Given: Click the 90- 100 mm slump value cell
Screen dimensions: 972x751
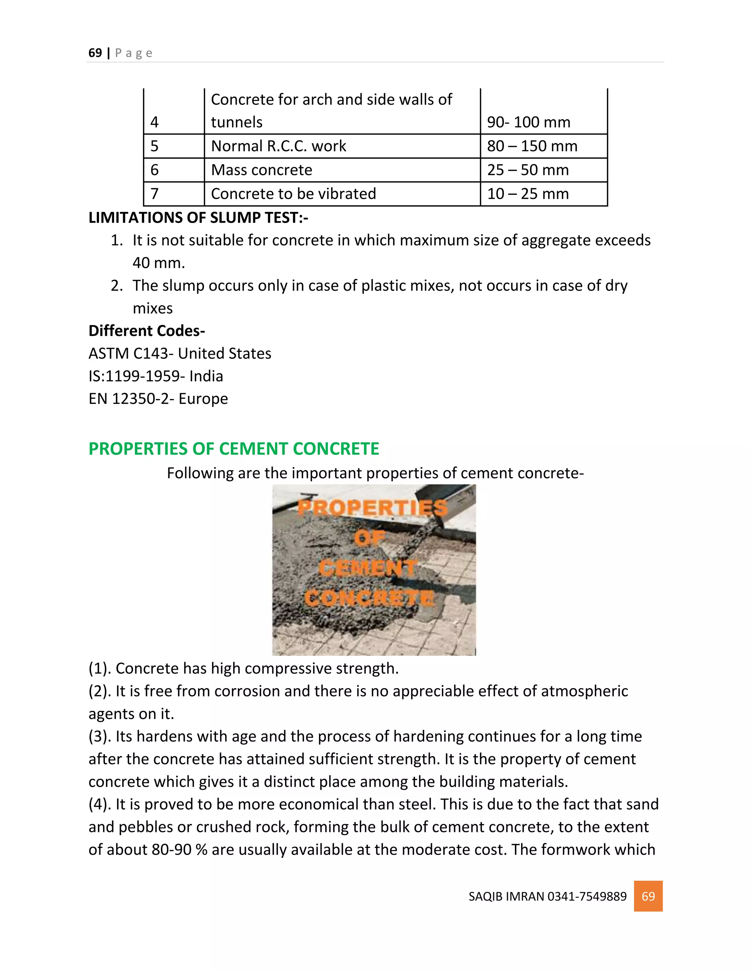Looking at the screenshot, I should [528, 122].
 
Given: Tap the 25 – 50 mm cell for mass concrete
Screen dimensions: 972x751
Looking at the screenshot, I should [528, 170].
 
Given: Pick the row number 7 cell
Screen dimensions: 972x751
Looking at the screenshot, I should [154, 194].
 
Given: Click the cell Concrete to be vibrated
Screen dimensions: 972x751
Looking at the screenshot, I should [293, 194].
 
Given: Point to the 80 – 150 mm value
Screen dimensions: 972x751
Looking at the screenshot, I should [532, 146].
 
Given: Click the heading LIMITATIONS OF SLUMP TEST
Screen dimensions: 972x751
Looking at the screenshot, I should [198, 218].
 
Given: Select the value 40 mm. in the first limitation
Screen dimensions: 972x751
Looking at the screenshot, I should [158, 263].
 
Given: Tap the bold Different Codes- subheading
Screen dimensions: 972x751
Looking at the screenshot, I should [146, 331].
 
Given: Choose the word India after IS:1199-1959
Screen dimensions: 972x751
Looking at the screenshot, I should [206, 376].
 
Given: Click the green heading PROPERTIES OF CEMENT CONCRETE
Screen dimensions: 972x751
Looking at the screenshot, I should [234, 449].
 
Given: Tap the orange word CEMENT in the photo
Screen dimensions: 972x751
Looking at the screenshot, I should [368, 568].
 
